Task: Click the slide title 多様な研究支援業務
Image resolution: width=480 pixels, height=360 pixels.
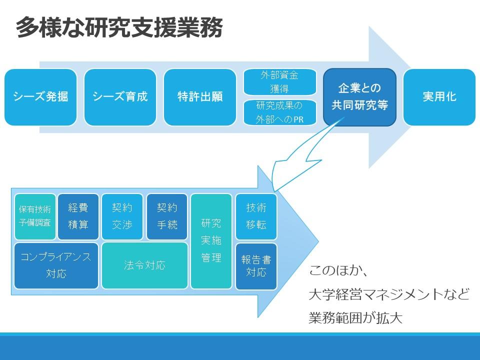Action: tap(119, 27)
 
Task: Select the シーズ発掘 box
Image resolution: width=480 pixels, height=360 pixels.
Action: tap(40, 97)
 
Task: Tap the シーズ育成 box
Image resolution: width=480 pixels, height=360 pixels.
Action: tap(120, 97)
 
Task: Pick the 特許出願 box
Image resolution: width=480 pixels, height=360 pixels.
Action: tap(200, 97)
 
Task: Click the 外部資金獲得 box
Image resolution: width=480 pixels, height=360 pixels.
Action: tap(279, 81)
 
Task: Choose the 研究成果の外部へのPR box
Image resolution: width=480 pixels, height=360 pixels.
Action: tap(279, 112)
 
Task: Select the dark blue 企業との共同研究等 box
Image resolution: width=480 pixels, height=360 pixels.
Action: tap(359, 97)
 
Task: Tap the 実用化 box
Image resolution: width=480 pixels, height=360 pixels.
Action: tap(439, 97)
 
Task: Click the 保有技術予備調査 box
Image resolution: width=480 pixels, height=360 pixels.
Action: tap(35, 216)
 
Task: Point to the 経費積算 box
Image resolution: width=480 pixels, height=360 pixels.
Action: tap(78, 216)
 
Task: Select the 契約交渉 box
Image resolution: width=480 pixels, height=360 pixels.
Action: tap(122, 216)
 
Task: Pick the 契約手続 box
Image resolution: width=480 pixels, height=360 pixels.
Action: tap(167, 216)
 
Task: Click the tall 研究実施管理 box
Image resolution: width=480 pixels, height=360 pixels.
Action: tap(211, 241)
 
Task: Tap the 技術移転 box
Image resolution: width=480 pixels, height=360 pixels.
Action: tap(256, 216)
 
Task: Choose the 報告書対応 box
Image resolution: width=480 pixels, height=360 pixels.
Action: tap(256, 266)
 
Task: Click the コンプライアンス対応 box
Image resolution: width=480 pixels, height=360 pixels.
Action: tap(56, 265)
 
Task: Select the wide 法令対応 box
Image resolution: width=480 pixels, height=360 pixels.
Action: tap(144, 265)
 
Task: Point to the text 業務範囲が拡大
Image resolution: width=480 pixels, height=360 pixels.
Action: tap(355, 318)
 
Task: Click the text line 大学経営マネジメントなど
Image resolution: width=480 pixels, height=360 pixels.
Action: tap(389, 294)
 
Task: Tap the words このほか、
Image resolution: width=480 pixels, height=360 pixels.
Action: tap(338, 271)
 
